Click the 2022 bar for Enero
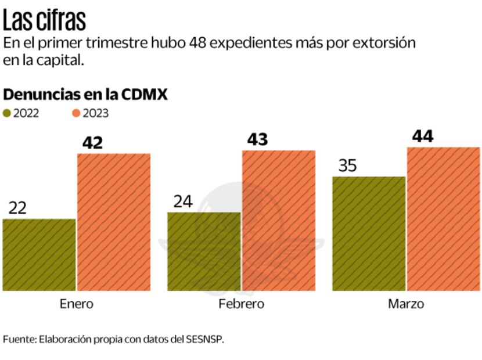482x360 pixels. tap(39, 255)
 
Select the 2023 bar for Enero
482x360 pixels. tap(114, 222)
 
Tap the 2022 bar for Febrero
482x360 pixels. tap(204, 251)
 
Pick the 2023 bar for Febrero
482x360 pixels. tap(279, 220)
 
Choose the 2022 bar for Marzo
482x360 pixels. tap(369, 233)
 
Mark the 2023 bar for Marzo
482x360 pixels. tap(443, 219)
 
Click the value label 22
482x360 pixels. tap(17, 208)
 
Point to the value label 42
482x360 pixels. tap(92, 142)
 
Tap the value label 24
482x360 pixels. tap(182, 201)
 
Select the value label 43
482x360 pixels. tap(257, 139)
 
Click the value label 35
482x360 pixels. tap(347, 165)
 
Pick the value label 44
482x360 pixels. tap(423, 136)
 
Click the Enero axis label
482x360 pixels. tap(76, 304)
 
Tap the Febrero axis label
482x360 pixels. tap(241, 304)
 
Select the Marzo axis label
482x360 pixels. tap(406, 304)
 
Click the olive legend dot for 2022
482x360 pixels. tap(7, 113)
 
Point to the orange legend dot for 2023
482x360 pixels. tap(76, 113)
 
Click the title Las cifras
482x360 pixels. tap(44, 21)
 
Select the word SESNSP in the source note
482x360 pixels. tap(204, 339)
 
